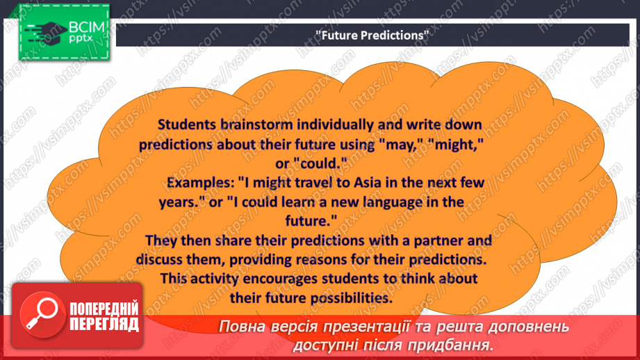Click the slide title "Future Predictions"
tap(372, 35)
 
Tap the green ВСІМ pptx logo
tap(64, 32)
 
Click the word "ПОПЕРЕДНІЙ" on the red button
tap(104, 309)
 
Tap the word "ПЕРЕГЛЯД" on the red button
tap(104, 325)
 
